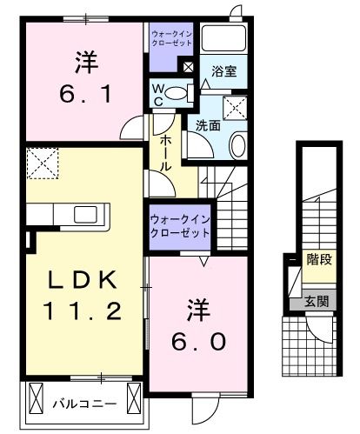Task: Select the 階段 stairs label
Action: tap(319, 258)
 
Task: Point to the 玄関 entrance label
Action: tap(317, 302)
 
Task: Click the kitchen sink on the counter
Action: tap(87, 216)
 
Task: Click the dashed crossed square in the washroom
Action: tap(235, 109)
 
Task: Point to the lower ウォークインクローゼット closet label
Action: tap(180, 227)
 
